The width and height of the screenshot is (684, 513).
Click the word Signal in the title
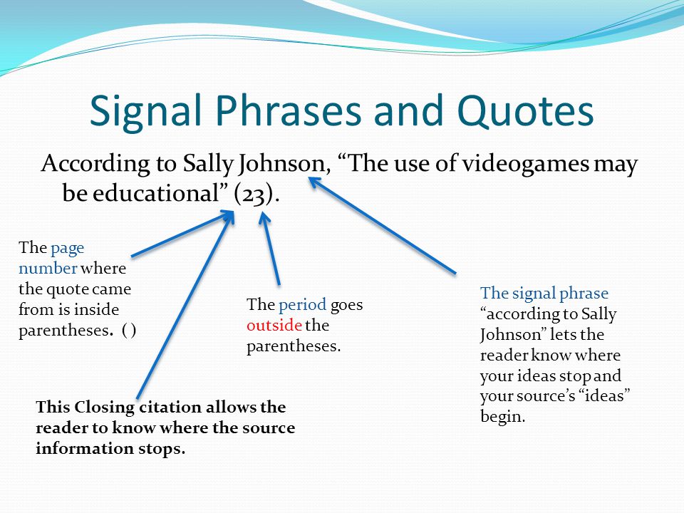(x=145, y=111)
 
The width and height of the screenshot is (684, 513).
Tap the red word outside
(x=274, y=325)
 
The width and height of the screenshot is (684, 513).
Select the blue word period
(x=302, y=305)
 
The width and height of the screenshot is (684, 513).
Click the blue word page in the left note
(x=67, y=249)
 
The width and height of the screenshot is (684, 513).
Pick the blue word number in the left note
(x=48, y=268)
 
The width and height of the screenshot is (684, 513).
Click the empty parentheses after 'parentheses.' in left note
(x=129, y=330)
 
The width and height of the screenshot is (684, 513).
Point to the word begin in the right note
(x=502, y=417)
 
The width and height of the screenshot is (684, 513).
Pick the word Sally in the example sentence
(x=208, y=164)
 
